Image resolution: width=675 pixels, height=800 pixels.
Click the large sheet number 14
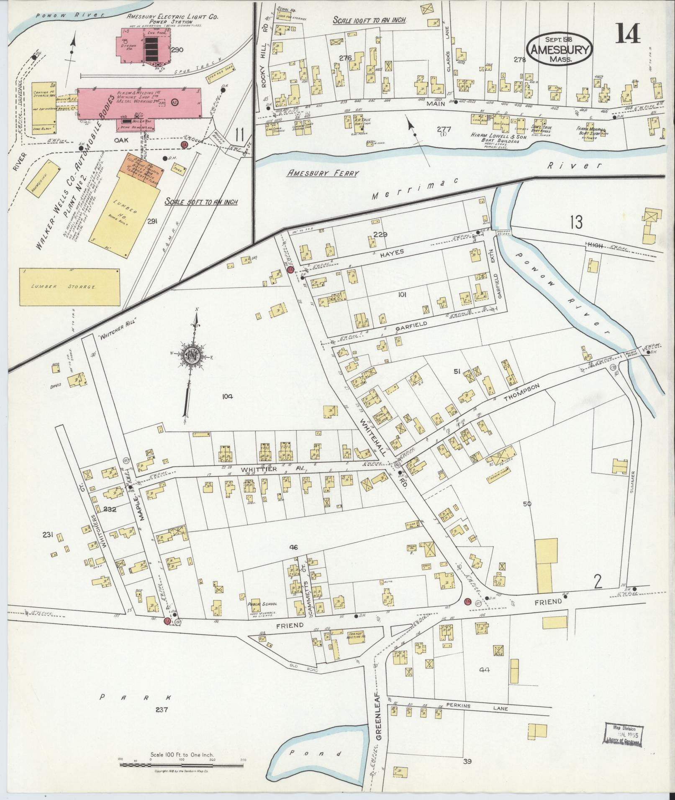click(x=627, y=33)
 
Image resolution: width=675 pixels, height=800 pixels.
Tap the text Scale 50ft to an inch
click(x=201, y=202)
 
